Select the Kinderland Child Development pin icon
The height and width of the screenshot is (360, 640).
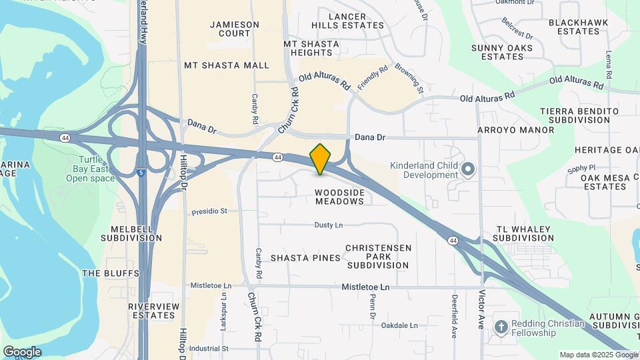[468, 170]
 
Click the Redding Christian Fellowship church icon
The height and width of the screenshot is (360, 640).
[501, 327]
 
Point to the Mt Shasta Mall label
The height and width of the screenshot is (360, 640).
[227, 65]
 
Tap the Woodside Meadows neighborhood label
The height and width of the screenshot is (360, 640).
[339, 197]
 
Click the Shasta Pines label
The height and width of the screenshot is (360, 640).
[301, 258]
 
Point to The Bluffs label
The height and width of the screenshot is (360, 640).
[110, 273]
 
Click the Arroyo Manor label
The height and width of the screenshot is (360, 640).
[516, 130]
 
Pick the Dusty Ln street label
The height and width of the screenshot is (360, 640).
[328, 225]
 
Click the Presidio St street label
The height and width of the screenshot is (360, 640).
[209, 211]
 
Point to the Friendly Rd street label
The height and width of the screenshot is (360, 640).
[372, 77]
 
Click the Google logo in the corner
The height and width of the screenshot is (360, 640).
[22, 351]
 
